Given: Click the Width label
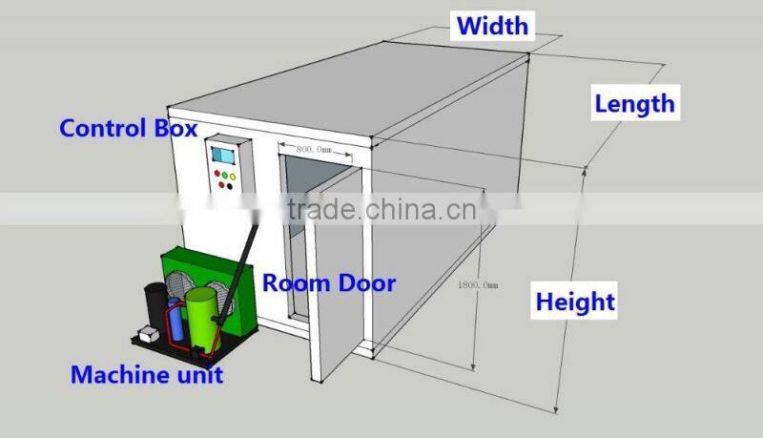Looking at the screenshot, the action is click(x=491, y=26).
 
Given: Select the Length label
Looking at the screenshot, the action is click(x=634, y=103).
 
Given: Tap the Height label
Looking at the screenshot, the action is click(x=575, y=302).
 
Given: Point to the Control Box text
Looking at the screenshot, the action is click(x=128, y=128).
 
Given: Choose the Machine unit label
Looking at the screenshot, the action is click(x=147, y=374).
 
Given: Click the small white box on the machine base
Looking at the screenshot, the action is click(x=148, y=335).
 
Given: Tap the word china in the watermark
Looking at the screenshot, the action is click(x=400, y=210).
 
